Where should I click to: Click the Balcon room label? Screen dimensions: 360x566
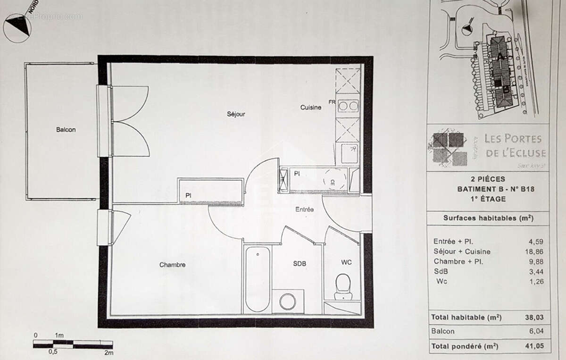tap(66, 130)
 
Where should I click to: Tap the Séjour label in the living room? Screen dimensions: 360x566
tap(235, 114)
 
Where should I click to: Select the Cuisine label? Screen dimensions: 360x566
tap(311, 108)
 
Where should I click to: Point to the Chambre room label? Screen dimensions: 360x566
tap(172, 265)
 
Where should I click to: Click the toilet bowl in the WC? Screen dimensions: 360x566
tap(343, 286)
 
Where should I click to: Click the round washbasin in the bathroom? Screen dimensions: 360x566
tap(287, 301)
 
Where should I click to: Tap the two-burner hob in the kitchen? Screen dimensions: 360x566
tap(348, 106)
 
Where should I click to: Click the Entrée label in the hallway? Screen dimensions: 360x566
tap(305, 209)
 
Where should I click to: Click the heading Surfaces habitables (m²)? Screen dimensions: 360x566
tap(488, 218)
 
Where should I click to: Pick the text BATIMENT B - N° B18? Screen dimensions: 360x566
tap(488, 189)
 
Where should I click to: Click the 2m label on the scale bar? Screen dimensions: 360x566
tap(109, 352)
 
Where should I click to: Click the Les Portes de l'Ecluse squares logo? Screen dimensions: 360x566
tap(448, 149)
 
